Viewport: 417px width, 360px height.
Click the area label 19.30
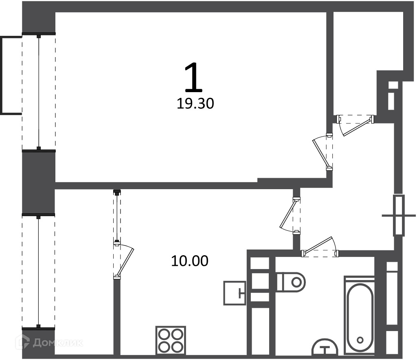tap(195, 104)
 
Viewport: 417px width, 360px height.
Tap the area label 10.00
tap(190, 261)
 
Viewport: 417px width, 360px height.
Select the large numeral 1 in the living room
tap(194, 76)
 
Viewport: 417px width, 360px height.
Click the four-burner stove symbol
tap(171, 340)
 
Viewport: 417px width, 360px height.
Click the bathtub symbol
tap(360, 316)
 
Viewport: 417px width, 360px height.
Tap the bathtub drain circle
tap(360, 340)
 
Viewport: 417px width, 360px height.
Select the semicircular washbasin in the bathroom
tap(325, 347)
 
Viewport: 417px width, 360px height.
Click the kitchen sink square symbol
tap(235, 293)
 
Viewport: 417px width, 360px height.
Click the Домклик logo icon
tap(22, 342)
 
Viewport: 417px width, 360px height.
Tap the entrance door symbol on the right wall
tap(399, 215)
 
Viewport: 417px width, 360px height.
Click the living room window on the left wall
tap(39, 91)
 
